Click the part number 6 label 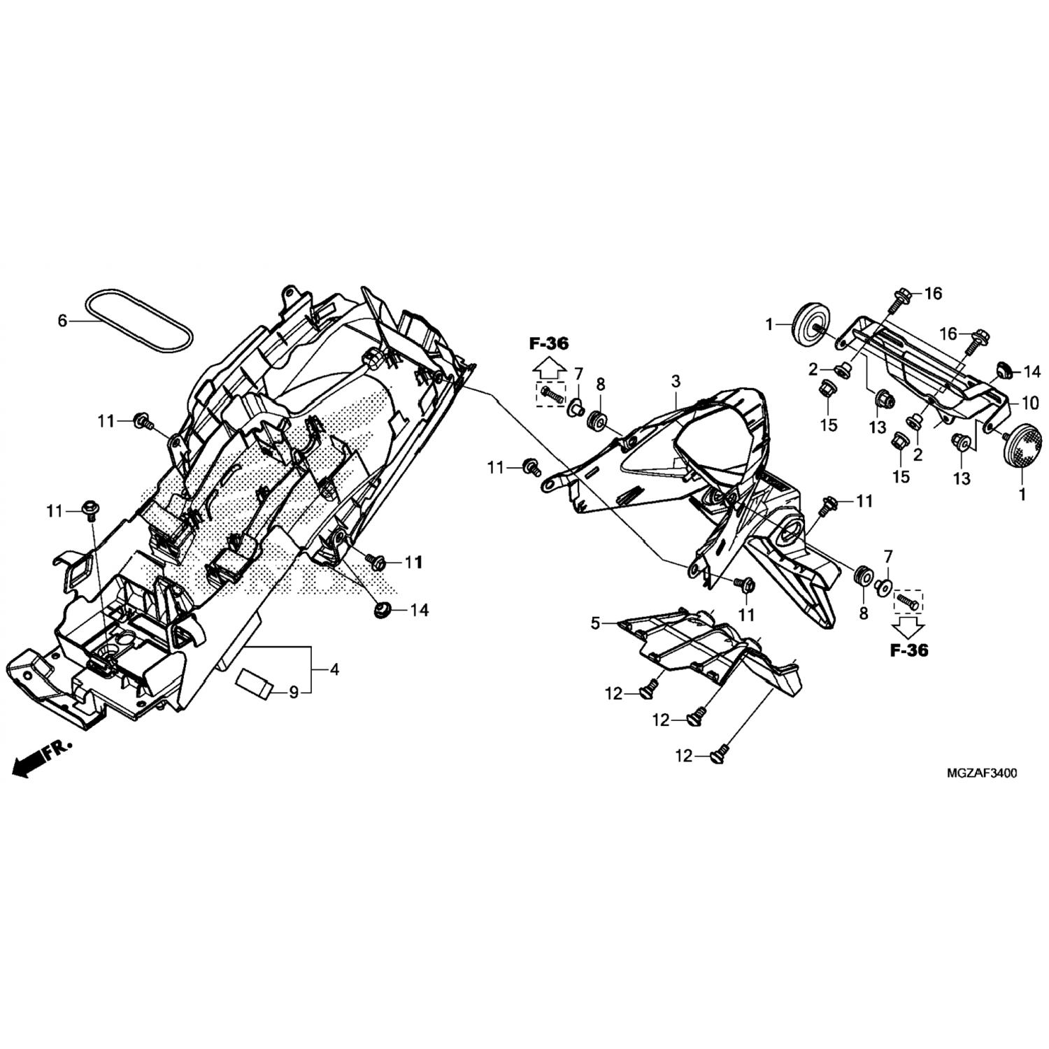[62, 321]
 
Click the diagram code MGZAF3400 [982, 773]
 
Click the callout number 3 [675, 381]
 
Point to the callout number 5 [595, 623]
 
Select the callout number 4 [334, 669]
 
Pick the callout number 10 [1030, 404]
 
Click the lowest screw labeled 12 [719, 753]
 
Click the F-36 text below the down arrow [909, 650]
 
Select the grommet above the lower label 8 [862, 575]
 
